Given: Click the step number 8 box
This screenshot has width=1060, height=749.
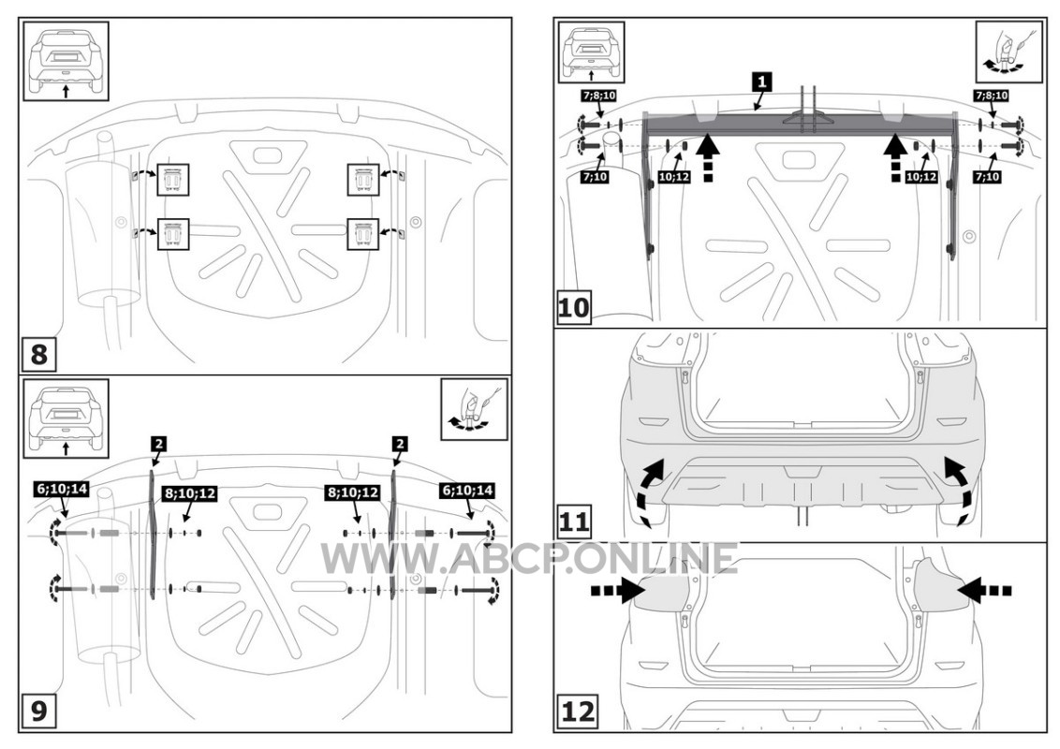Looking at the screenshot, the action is pos(38,354).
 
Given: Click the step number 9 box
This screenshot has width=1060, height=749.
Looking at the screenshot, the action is pos(38,711).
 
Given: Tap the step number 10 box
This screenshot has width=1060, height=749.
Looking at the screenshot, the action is pos(573,308).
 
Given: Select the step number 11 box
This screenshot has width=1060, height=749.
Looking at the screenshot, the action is pos(573,521).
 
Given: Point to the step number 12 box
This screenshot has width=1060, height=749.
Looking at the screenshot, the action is pos(577,712).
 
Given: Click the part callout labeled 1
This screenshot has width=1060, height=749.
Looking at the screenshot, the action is pos(762,81).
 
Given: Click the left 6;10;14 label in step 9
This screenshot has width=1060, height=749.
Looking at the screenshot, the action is pos(62,489).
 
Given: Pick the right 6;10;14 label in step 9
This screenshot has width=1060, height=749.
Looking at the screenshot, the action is pos(466,489).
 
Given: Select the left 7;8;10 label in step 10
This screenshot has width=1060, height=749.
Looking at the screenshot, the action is pos(599,95).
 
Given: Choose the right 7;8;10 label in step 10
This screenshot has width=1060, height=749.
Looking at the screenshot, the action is pos(992,95).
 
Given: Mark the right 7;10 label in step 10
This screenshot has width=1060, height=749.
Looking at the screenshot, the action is pos(988,176).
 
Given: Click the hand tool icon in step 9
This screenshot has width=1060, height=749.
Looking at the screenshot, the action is pos(474,409).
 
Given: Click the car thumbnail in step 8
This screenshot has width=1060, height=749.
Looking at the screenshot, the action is pos(66,62).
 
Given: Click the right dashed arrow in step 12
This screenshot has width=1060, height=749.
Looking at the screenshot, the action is pos(984,590).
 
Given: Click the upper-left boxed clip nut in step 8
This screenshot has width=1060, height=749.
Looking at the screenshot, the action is pos(173,180).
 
